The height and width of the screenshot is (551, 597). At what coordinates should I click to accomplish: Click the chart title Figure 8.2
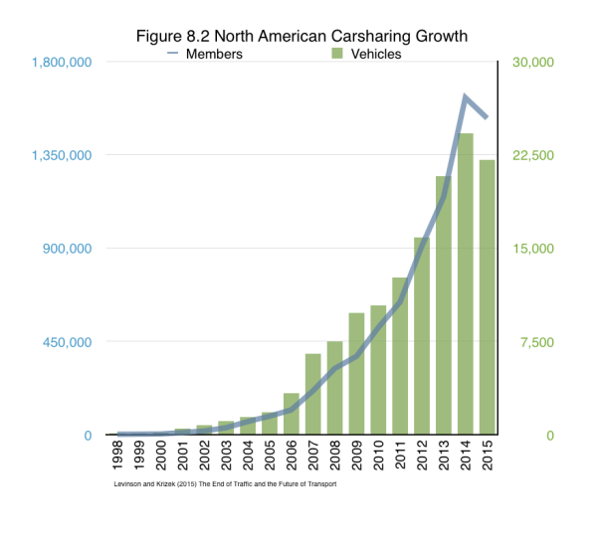[x=300, y=36]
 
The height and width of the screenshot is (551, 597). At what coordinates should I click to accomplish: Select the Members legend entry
[x=213, y=54]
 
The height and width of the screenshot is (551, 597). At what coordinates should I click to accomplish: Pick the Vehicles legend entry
[x=368, y=54]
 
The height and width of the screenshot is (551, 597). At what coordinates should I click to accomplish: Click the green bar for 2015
[x=487, y=297]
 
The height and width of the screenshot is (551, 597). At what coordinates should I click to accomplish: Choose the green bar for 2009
[x=356, y=374]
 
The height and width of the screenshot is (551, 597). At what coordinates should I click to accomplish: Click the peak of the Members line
[x=465, y=96]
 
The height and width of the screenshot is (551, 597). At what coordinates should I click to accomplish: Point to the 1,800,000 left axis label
[x=63, y=63]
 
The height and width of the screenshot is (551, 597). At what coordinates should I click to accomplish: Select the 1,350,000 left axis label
[x=63, y=156]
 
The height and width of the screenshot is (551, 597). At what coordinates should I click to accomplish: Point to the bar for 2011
[x=399, y=356]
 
